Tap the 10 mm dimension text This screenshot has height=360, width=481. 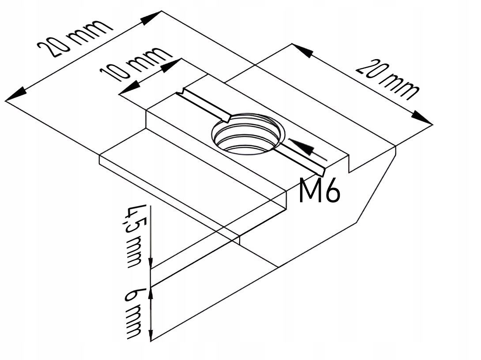[x=135, y=64]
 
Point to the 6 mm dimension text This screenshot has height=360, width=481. [x=134, y=314]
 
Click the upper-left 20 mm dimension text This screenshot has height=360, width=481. [x=75, y=38]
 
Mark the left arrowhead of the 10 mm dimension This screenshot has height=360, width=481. [x=129, y=89]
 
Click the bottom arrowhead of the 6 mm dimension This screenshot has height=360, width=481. [x=151, y=335]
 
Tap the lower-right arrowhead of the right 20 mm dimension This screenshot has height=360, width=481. [x=422, y=118]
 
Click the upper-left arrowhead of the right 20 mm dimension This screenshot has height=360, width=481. [x=302, y=51]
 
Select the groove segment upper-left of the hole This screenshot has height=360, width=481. [x=204, y=104]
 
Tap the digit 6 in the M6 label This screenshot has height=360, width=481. [x=332, y=191]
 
